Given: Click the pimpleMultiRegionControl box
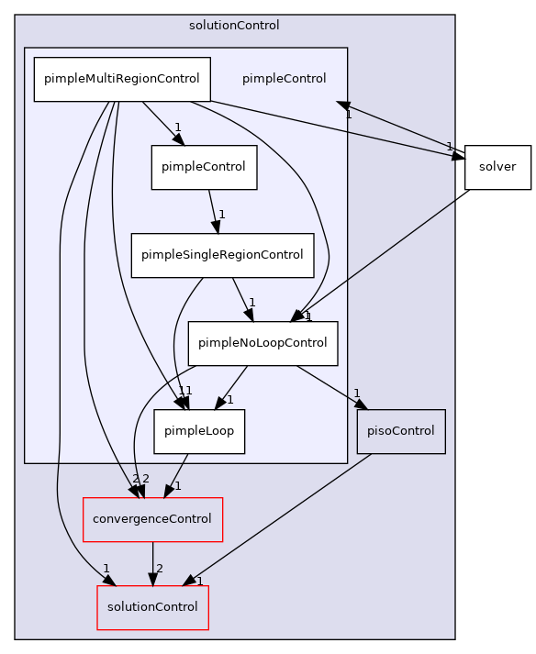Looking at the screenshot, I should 122,79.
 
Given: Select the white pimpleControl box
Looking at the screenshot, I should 204,167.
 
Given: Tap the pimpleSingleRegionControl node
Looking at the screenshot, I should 222,255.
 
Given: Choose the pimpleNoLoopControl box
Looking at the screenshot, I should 262,343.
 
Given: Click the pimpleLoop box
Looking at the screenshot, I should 199,431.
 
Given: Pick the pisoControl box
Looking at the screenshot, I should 401,431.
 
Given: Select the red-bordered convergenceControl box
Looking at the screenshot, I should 153,520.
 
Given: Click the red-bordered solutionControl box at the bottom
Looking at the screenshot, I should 153,607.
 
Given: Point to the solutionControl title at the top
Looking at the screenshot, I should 234,26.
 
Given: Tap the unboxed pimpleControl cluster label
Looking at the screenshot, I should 284,79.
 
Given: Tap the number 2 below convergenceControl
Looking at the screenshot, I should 160,569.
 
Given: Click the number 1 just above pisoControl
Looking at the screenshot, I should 357,394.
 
